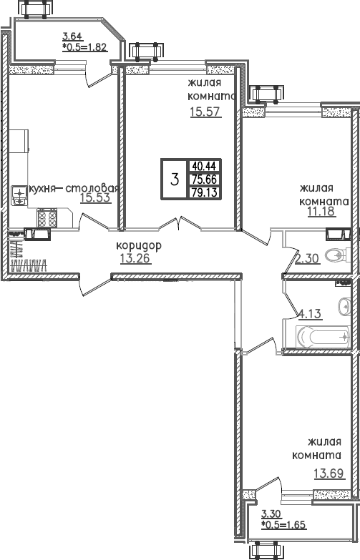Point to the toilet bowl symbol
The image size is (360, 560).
(x=336, y=255)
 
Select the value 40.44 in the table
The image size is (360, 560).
(x=203, y=164)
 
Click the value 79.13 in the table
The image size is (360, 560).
(x=203, y=192)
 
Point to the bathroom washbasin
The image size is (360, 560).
(x=346, y=306)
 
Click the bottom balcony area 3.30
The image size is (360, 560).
(x=271, y=514)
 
